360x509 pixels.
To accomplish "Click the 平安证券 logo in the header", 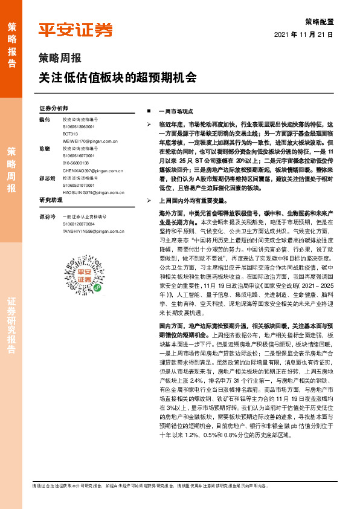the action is (x=76, y=30).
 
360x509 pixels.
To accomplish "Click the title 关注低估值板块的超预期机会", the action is (x=118, y=78).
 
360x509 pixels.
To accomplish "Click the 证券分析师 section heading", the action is (x=54, y=108).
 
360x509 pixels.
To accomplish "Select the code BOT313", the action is (x=71, y=133).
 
